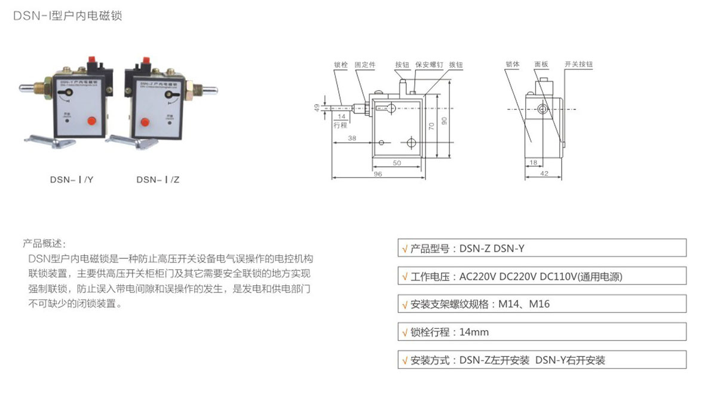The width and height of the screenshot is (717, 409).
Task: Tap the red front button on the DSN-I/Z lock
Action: pos(143,123)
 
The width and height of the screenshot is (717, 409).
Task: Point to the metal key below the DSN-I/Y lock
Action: pos(50,141)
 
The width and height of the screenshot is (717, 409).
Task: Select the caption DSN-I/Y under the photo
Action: pos(71,179)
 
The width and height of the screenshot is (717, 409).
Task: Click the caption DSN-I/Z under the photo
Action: pos(158,179)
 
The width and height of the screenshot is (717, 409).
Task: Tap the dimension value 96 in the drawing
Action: pos(378,174)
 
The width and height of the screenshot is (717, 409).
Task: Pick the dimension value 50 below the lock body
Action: pos(397,163)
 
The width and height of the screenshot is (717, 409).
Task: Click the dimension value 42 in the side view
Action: pos(544,174)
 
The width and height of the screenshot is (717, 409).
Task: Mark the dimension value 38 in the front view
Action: pos(352,138)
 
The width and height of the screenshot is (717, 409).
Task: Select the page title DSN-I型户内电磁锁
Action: pos(68,16)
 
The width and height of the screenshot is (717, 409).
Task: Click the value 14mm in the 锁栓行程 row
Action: pos(474,332)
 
